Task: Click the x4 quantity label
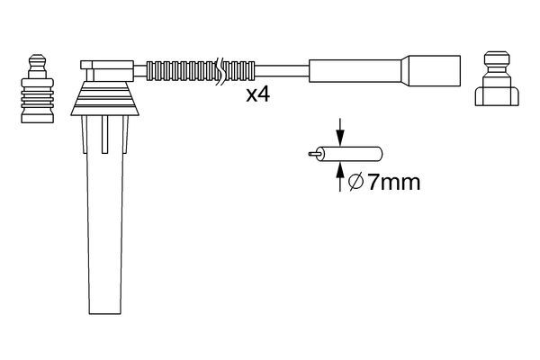258,94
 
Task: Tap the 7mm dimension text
393,183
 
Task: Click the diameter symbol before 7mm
355,183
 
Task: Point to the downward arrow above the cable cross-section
341,130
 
